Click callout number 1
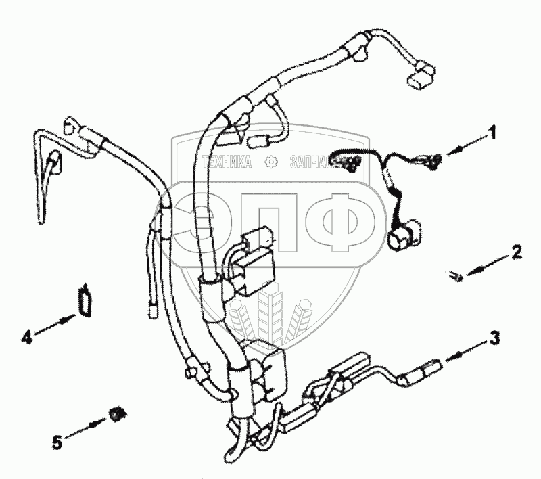point(494,133)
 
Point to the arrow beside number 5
point(91,426)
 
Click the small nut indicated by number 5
point(117,413)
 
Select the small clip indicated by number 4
point(84,298)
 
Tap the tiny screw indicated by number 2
point(456,275)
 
